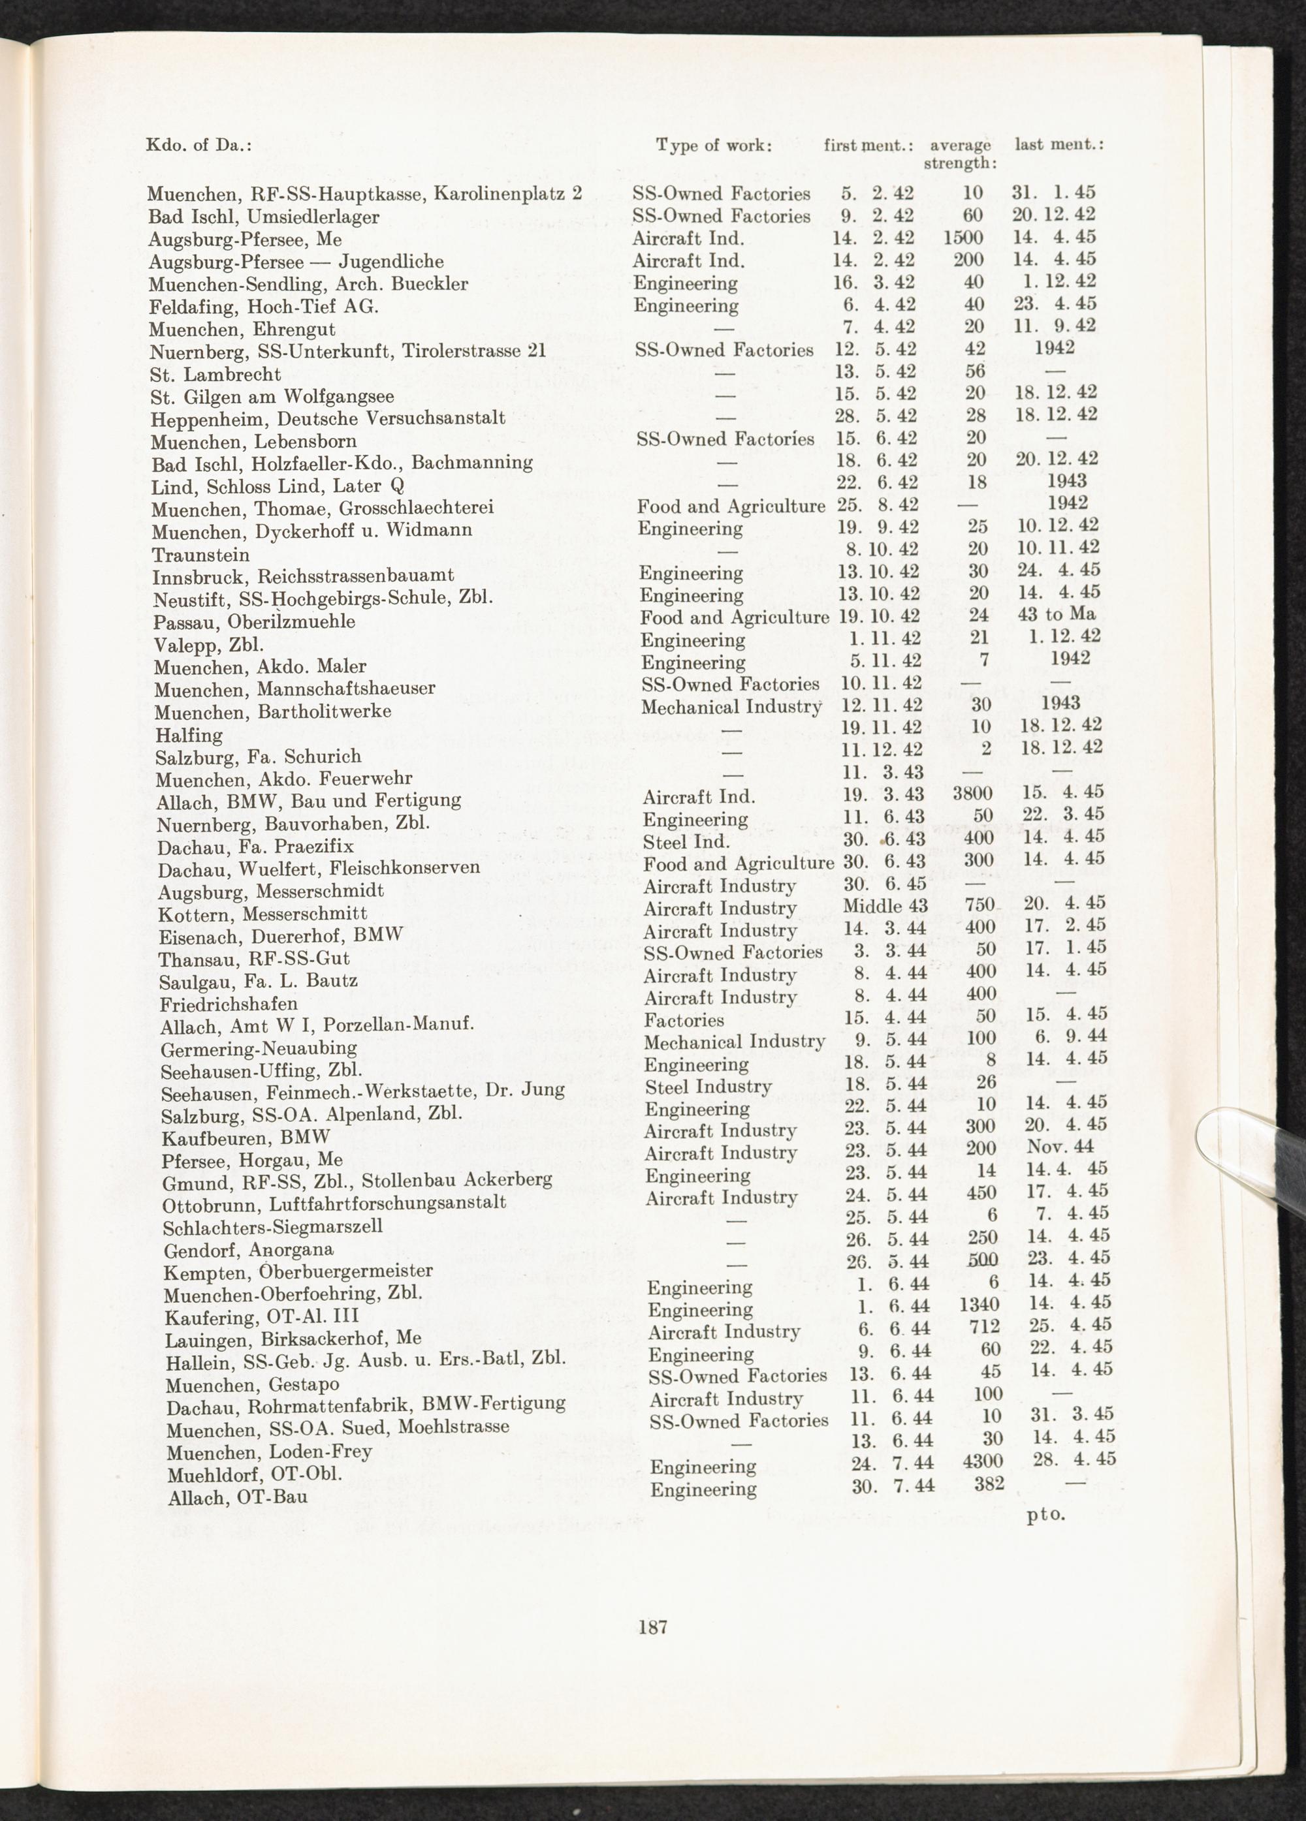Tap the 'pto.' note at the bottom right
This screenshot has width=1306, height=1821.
pos(1045,1515)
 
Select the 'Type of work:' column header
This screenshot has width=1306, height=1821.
pos(714,146)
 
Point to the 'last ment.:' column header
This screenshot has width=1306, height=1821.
pos(1059,144)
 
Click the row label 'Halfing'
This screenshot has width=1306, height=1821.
pos(189,735)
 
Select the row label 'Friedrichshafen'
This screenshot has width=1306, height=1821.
pos(229,1004)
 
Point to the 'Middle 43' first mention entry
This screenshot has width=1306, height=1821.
pos(885,906)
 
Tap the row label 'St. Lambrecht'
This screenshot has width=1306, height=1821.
pos(215,374)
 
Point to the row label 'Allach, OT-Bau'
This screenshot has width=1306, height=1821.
pos(238,1497)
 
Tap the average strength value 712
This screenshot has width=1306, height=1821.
pos(982,1326)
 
